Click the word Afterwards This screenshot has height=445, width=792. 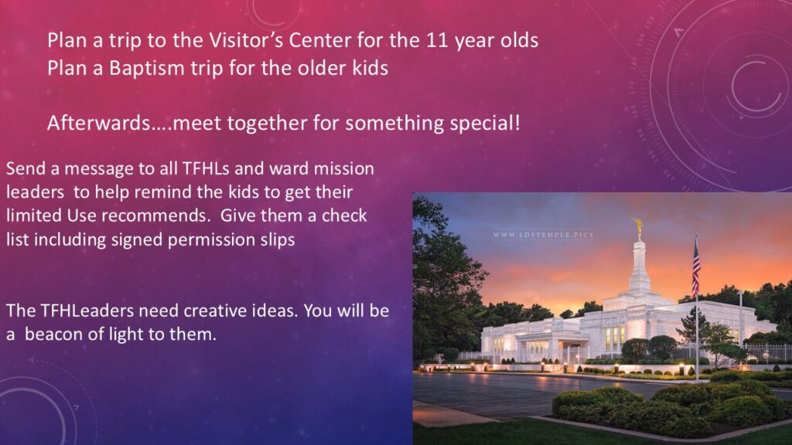(x=99, y=123)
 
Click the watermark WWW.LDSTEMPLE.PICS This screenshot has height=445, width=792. (x=543, y=235)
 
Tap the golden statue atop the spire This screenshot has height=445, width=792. (x=638, y=228)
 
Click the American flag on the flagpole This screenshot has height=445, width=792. (x=695, y=267)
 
